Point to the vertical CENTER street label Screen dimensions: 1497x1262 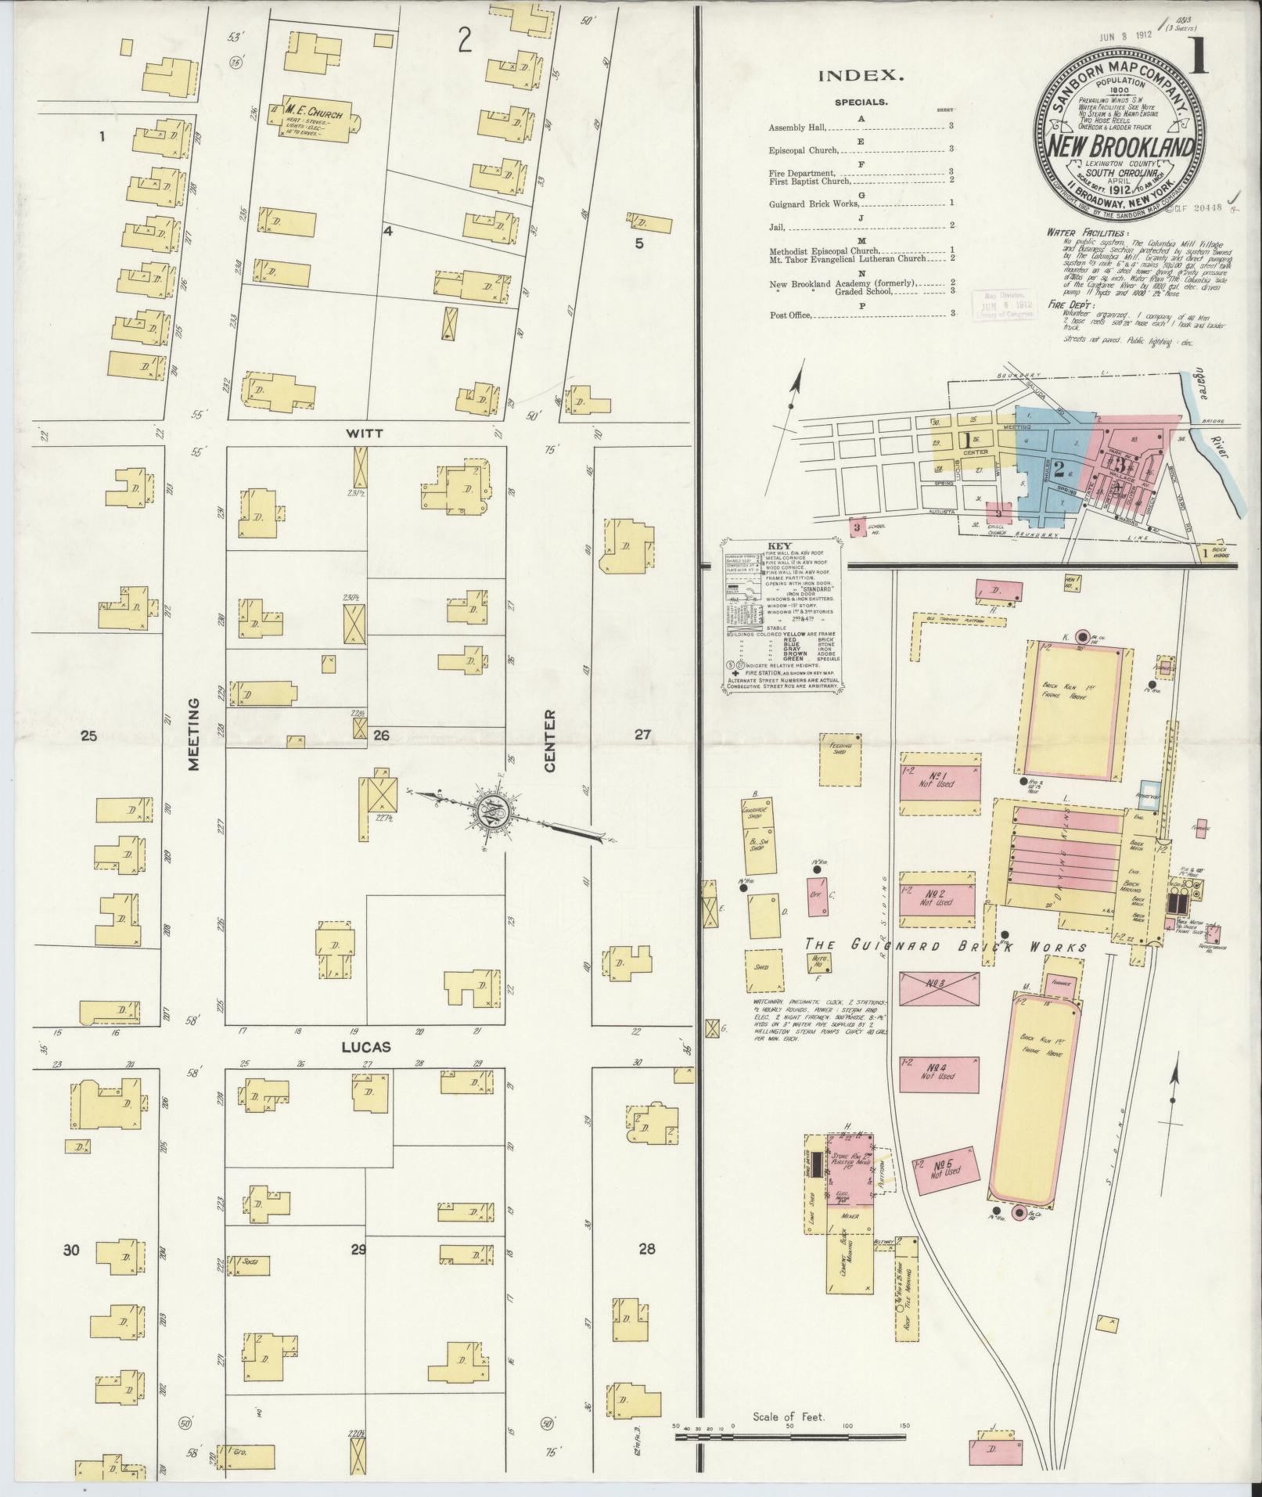coord(549,740)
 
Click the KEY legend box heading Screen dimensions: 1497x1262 coord(780,545)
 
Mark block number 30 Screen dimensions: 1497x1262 coord(71,1250)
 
